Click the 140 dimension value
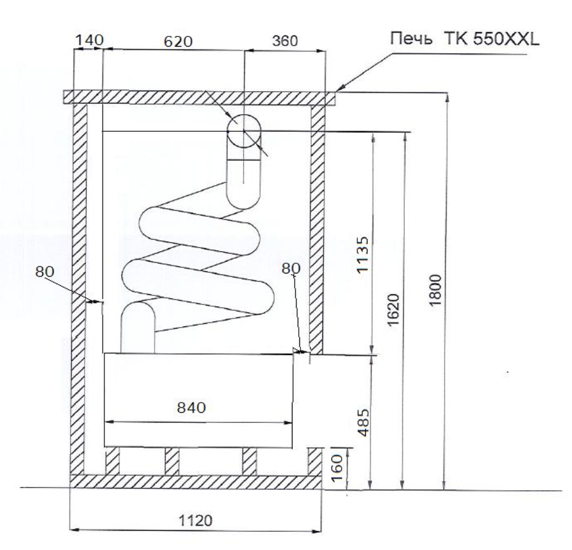pyautogui.click(x=89, y=40)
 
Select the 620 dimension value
pyautogui.click(x=178, y=42)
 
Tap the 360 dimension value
pyautogui.click(x=285, y=41)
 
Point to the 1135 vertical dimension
pyautogui.click(x=363, y=255)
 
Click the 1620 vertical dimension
pyautogui.click(x=394, y=310)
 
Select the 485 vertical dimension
pyautogui.click(x=364, y=422)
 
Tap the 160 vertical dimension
pyautogui.click(x=336, y=468)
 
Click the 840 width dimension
pyautogui.click(x=191, y=407)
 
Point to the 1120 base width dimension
pyautogui.click(x=195, y=521)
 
